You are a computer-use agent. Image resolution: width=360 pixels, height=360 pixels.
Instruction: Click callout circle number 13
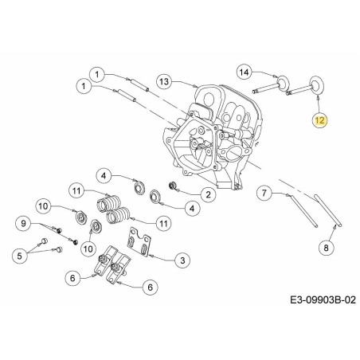163,81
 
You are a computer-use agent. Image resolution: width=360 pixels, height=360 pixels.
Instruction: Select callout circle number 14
245,72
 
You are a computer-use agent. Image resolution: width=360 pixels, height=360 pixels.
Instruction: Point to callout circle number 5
21,254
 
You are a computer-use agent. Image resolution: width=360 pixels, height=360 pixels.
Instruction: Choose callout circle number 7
266,192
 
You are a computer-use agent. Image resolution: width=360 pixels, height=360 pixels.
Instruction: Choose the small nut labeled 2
171,187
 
